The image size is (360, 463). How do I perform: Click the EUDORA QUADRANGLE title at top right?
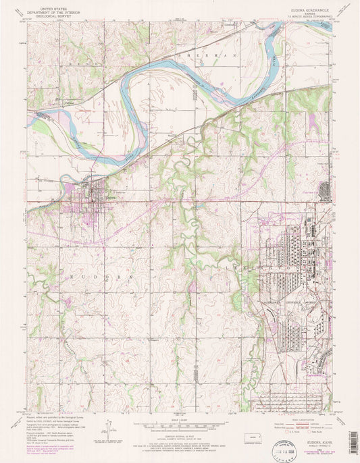(x=292, y=10)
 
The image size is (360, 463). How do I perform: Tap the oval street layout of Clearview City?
(x=327, y=190)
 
